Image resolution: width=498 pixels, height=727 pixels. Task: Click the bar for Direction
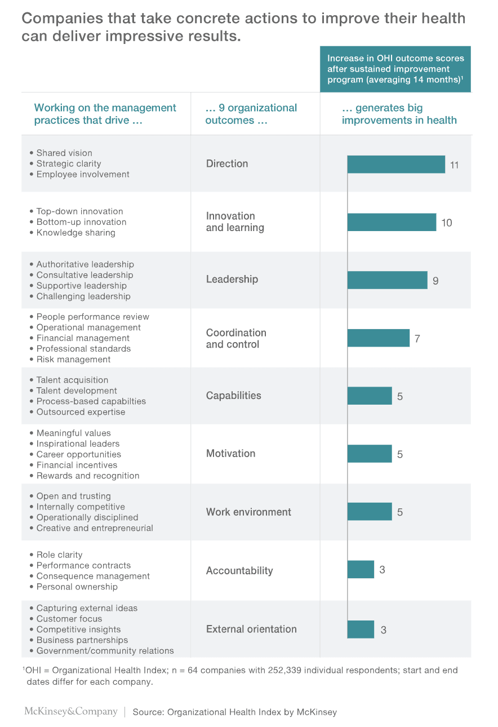[x=396, y=165]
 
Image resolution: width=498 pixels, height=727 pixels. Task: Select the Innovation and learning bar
[x=392, y=222]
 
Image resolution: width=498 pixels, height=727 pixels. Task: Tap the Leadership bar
[x=387, y=280]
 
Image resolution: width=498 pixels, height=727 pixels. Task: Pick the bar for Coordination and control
[x=378, y=338]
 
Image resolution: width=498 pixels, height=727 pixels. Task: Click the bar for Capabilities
[x=370, y=396]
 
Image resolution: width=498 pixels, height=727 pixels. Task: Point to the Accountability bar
[x=361, y=569]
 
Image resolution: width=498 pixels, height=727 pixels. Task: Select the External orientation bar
[x=361, y=629]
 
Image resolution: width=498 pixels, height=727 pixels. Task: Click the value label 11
[x=454, y=165]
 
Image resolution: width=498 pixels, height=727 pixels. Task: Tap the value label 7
[x=417, y=339]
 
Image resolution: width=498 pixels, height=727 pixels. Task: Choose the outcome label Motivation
[x=230, y=454]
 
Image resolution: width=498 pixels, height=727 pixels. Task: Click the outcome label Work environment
[x=248, y=512]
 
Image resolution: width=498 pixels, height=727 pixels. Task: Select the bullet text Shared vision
[x=64, y=153]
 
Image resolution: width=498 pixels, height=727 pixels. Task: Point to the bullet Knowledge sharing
[x=75, y=233]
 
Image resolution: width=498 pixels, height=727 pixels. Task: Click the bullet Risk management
[x=73, y=360]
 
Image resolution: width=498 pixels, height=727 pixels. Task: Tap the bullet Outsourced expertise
[x=81, y=412]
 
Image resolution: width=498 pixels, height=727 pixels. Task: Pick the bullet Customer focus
[x=69, y=619]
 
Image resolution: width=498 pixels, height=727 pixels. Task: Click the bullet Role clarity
[x=59, y=555]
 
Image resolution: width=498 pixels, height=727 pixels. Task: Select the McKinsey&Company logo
[x=71, y=711]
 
